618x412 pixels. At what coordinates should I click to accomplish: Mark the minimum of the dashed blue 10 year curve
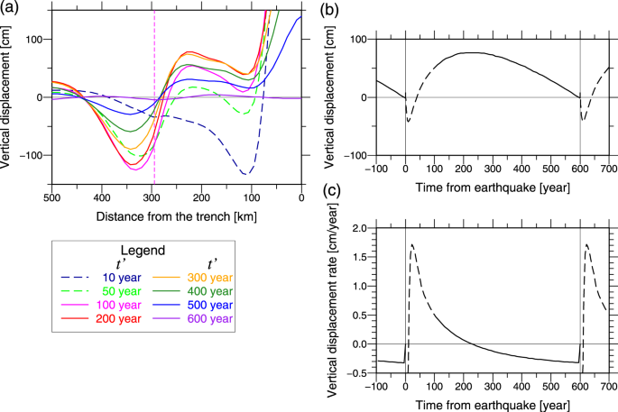coord(244,173)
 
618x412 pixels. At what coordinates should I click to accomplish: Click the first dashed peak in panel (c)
coord(412,244)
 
